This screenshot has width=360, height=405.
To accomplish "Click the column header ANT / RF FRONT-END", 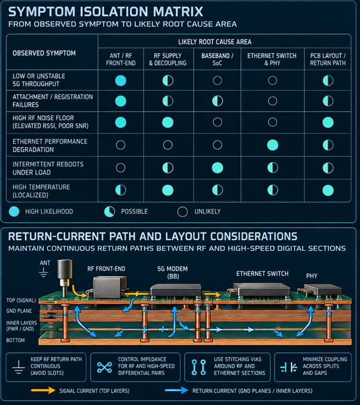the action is pyautogui.click(x=121, y=60).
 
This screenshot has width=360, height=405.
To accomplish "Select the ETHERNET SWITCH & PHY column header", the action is pyautogui.click(x=272, y=60).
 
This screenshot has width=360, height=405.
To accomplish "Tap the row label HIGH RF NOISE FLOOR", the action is pyautogui.click(x=43, y=118).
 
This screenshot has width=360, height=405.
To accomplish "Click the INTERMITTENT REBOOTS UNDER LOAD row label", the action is pyautogui.click(x=48, y=168).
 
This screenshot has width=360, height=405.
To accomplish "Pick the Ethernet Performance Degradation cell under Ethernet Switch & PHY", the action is pyautogui.click(x=273, y=145).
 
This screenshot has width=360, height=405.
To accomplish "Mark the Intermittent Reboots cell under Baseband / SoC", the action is pyautogui.click(x=218, y=168).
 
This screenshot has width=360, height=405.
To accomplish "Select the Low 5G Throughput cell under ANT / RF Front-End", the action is pyautogui.click(x=121, y=80).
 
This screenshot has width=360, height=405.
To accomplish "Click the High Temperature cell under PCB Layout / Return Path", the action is pyautogui.click(x=328, y=190).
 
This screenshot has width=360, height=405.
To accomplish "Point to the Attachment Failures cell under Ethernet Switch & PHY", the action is pyautogui.click(x=273, y=101).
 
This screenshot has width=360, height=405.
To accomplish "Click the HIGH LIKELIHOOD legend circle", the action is pyautogui.click(x=14, y=212).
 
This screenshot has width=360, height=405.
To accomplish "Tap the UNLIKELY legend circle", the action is pyautogui.click(x=182, y=212).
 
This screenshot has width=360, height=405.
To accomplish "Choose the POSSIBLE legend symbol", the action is pyautogui.click(x=109, y=212).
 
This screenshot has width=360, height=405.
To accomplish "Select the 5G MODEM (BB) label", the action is pyautogui.click(x=172, y=273).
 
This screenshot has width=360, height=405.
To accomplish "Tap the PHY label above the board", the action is pyautogui.click(x=312, y=276).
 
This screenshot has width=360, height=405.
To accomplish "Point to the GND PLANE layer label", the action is pyautogui.click(x=19, y=311).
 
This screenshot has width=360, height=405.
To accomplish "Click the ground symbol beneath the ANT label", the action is pyautogui.click(x=43, y=273).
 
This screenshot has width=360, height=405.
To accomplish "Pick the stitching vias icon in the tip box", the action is pyautogui.click(x=199, y=367).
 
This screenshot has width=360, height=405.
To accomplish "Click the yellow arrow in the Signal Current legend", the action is pyautogui.click(x=43, y=391).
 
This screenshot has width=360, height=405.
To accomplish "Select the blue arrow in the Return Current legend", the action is pyautogui.click(x=177, y=391).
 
